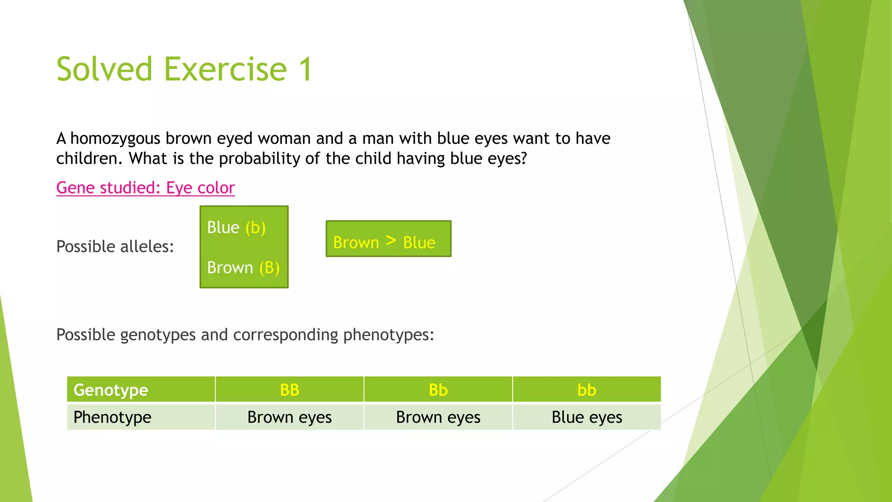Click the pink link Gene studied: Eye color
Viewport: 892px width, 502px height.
click(145, 188)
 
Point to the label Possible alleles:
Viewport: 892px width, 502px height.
click(115, 247)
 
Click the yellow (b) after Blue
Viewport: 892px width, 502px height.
click(255, 227)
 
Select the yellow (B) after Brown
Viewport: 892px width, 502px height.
click(269, 268)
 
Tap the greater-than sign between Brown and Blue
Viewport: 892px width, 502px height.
click(391, 241)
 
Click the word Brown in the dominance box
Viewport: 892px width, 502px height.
click(356, 242)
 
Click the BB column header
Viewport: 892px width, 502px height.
click(289, 390)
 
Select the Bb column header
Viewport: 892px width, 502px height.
click(438, 390)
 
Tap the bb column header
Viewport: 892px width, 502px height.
click(586, 390)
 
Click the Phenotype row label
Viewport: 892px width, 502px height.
click(112, 417)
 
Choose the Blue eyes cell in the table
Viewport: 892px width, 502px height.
click(586, 417)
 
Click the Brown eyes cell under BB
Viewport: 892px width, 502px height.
click(289, 417)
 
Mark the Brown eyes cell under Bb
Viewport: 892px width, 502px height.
click(438, 417)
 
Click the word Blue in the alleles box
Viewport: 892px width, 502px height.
click(223, 227)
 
